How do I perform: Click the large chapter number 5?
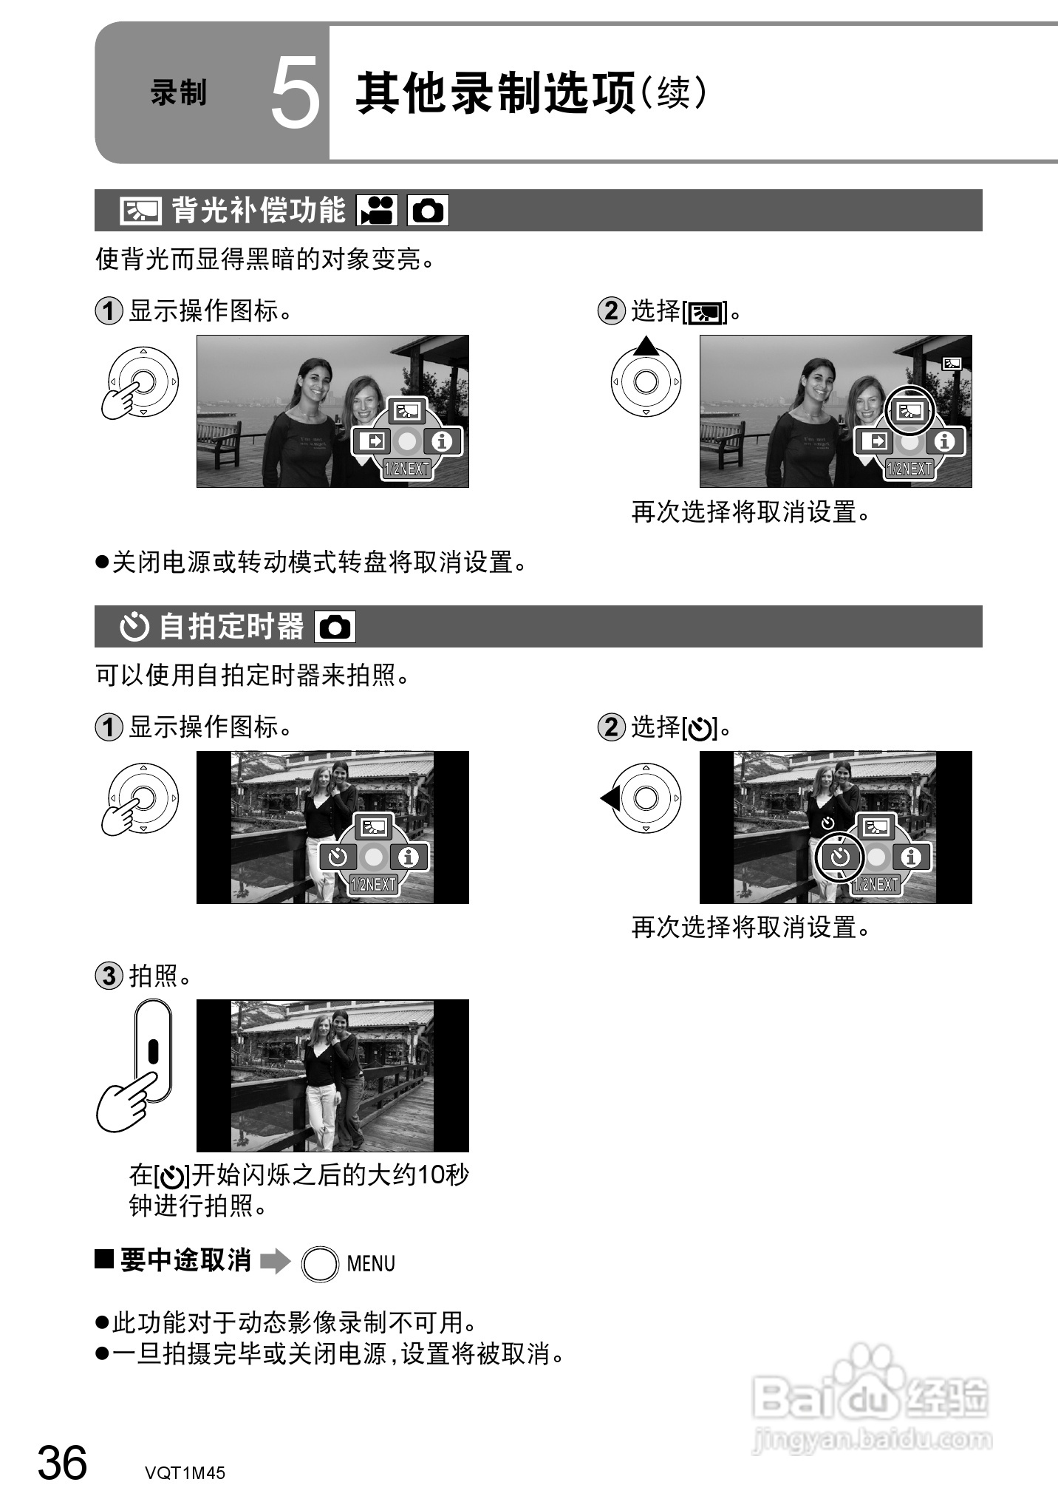(x=295, y=94)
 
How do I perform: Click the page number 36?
(x=62, y=1463)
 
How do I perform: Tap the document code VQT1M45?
(x=185, y=1472)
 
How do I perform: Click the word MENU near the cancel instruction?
(x=371, y=1264)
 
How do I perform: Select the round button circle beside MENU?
(x=320, y=1264)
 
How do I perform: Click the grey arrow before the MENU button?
(x=276, y=1261)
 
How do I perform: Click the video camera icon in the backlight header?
(x=377, y=211)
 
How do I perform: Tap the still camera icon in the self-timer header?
(x=335, y=627)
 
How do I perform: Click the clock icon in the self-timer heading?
(x=134, y=627)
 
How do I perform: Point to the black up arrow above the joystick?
(x=646, y=345)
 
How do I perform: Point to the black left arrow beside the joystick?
(x=610, y=798)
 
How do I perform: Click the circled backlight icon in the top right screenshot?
(x=909, y=411)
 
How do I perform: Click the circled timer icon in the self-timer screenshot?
(x=840, y=857)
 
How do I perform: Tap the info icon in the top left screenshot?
(x=443, y=442)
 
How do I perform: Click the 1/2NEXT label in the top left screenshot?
(x=407, y=469)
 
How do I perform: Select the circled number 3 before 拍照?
(x=109, y=976)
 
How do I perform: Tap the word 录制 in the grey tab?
(x=178, y=94)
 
